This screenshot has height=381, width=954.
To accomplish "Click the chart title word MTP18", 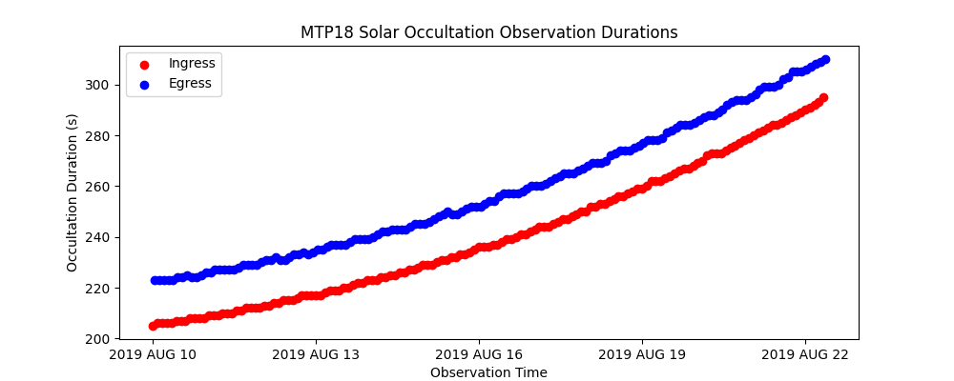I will pyautogui.click(x=328, y=32).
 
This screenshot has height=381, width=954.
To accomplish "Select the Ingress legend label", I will pyautogui.click(x=192, y=63).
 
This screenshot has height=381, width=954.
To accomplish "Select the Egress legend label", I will pyautogui.click(x=190, y=83).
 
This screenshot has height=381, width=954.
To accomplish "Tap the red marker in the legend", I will pyautogui.click(x=144, y=64).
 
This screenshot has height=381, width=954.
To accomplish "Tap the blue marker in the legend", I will pyautogui.click(x=144, y=84).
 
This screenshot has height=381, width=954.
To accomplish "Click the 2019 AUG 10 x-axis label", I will pyautogui.click(x=153, y=355).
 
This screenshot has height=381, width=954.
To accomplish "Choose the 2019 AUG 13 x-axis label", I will pyautogui.click(x=316, y=355).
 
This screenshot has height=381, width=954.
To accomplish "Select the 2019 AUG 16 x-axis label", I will pyautogui.click(x=479, y=355).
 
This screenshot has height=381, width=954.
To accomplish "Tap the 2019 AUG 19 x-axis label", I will pyautogui.click(x=642, y=355).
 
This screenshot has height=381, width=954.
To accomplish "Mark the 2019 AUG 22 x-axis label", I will pyautogui.click(x=805, y=355).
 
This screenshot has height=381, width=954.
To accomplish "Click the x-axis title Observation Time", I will pyautogui.click(x=488, y=372).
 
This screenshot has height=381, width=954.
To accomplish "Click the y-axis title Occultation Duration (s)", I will pyautogui.click(x=73, y=192).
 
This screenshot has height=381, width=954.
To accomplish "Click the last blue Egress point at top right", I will pyautogui.click(x=825, y=59).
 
